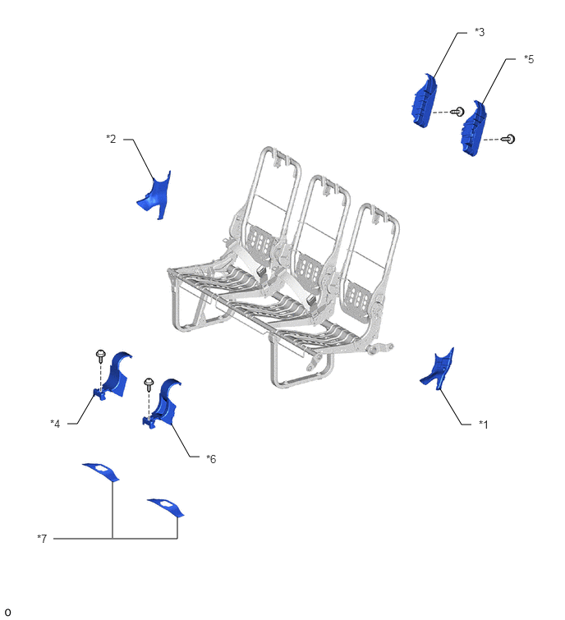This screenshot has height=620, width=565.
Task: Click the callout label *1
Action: tap(483, 425)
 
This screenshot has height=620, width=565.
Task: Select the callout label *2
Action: tap(111, 139)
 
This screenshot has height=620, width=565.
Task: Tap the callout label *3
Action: tap(480, 32)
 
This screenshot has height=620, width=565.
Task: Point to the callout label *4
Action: tap(55, 424)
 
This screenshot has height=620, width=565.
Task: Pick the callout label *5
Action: tap(529, 59)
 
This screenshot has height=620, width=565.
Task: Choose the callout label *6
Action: tap(211, 459)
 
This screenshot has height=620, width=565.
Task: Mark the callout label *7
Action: tap(42, 538)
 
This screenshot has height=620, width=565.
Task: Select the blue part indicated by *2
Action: tap(156, 195)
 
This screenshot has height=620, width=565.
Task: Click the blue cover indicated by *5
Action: tap(473, 129)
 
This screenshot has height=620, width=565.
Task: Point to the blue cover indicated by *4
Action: tap(114, 375)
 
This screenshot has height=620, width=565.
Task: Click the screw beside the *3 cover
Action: tap(458, 112)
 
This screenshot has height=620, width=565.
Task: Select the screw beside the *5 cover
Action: tap(508, 139)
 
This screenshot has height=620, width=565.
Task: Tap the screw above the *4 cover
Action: tap(101, 356)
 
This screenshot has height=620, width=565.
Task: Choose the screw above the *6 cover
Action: tap(149, 384)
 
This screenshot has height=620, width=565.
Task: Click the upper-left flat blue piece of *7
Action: tap(101, 471)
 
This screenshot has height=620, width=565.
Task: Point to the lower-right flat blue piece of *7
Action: tap(167, 507)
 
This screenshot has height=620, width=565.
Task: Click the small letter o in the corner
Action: tap(7, 612)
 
